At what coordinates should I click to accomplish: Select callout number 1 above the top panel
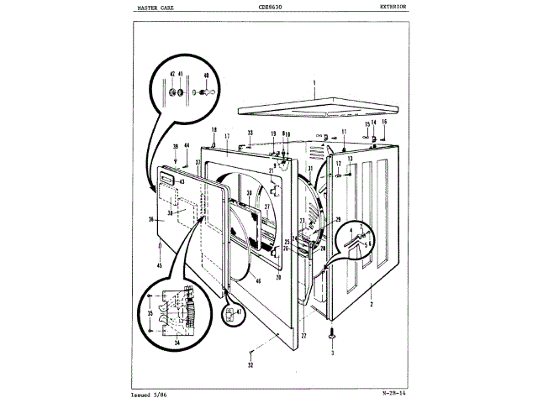point(313,83)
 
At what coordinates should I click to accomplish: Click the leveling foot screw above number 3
point(335,334)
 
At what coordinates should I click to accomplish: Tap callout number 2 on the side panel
point(371,305)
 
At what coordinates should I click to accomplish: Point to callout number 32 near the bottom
point(251,364)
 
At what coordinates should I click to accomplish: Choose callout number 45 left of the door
point(160,265)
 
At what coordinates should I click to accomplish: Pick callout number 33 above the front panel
point(250,133)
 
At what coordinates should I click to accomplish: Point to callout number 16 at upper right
point(383,123)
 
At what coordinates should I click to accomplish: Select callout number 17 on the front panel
point(226,136)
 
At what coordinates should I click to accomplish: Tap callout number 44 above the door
point(187,145)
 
